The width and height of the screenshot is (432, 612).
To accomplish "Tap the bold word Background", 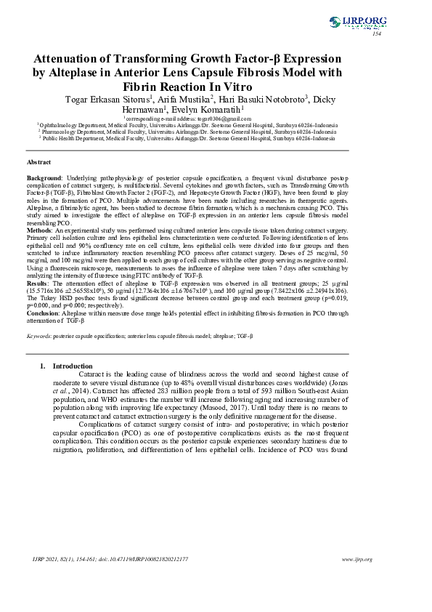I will (44, 177).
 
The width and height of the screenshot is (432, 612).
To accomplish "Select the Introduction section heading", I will (73, 366).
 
